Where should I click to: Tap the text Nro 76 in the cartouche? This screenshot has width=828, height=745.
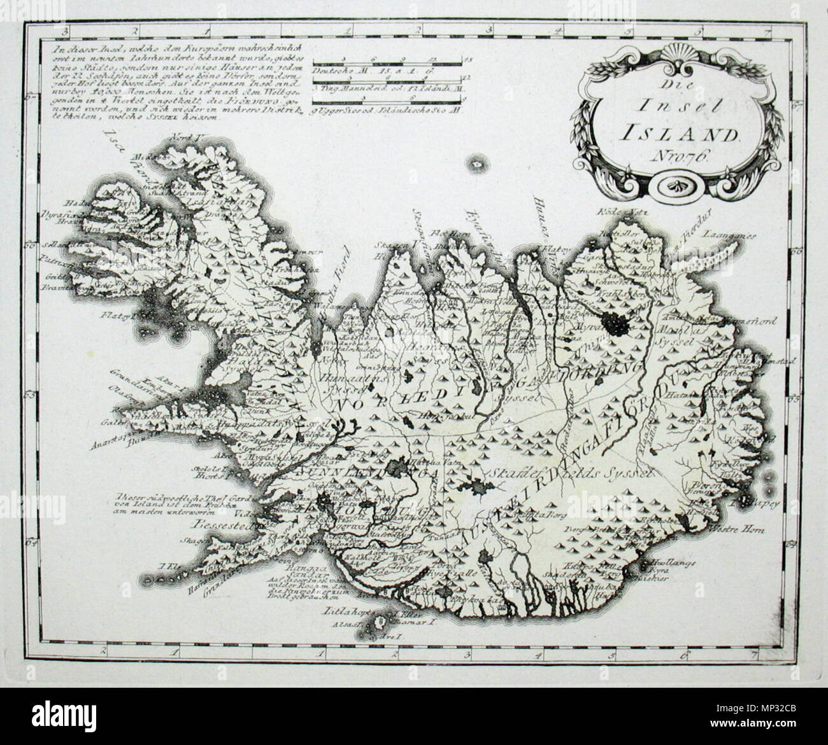coord(675,158)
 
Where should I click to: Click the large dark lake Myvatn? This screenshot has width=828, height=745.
coord(617,325)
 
